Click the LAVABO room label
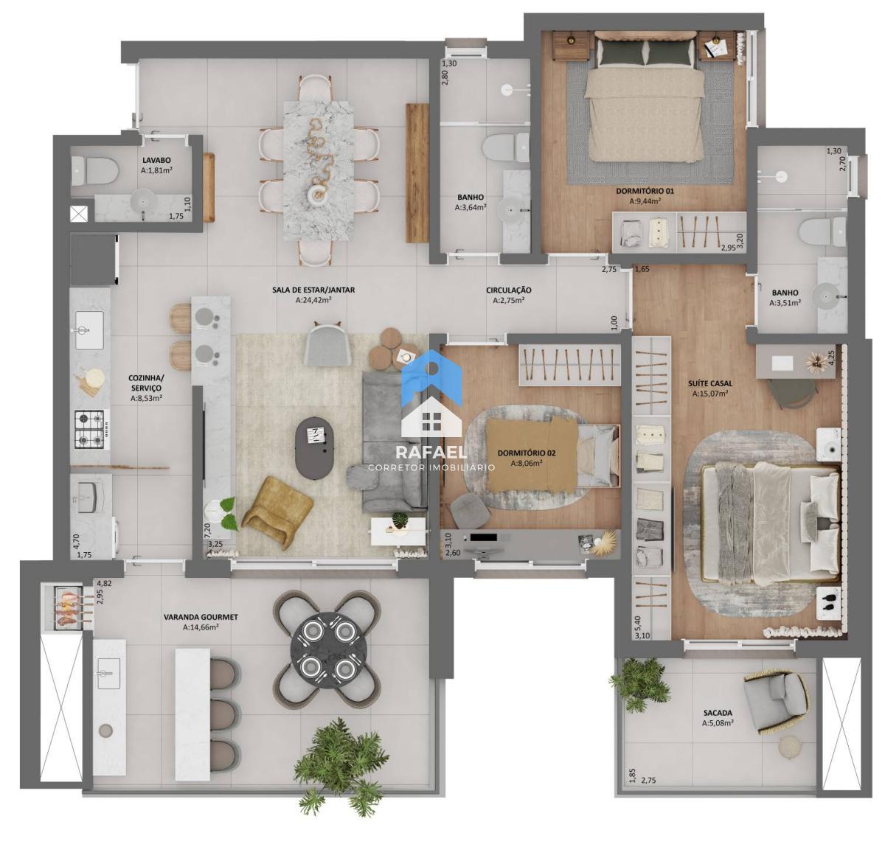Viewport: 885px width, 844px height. (156, 160)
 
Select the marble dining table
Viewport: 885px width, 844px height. (318, 171)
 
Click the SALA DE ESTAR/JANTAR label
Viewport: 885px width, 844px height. (313, 290)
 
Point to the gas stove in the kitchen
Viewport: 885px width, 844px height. (91, 429)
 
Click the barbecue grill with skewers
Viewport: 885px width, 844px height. (73, 605)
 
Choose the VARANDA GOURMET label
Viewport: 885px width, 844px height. (201, 617)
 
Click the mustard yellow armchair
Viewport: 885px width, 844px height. (277, 513)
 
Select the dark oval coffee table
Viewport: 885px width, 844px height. (314, 448)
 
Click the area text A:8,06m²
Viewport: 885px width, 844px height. (527, 463)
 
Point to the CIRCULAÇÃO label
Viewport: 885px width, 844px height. (508, 290)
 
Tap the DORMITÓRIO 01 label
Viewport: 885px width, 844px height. (645, 191)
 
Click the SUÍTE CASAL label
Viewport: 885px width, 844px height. (710, 384)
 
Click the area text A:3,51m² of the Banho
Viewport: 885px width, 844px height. (785, 303)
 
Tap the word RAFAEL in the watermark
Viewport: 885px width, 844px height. (431, 453)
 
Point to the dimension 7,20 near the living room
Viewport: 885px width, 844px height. (207, 531)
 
